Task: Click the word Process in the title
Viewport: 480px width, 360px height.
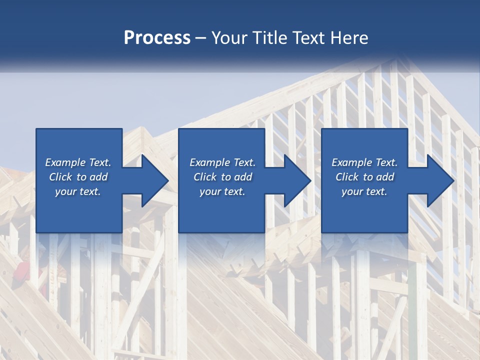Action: point(157,38)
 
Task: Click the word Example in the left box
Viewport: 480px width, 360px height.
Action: point(65,162)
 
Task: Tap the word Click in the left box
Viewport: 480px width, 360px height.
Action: point(60,177)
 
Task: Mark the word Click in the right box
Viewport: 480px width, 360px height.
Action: point(347,177)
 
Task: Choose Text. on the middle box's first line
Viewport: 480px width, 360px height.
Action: point(243,162)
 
